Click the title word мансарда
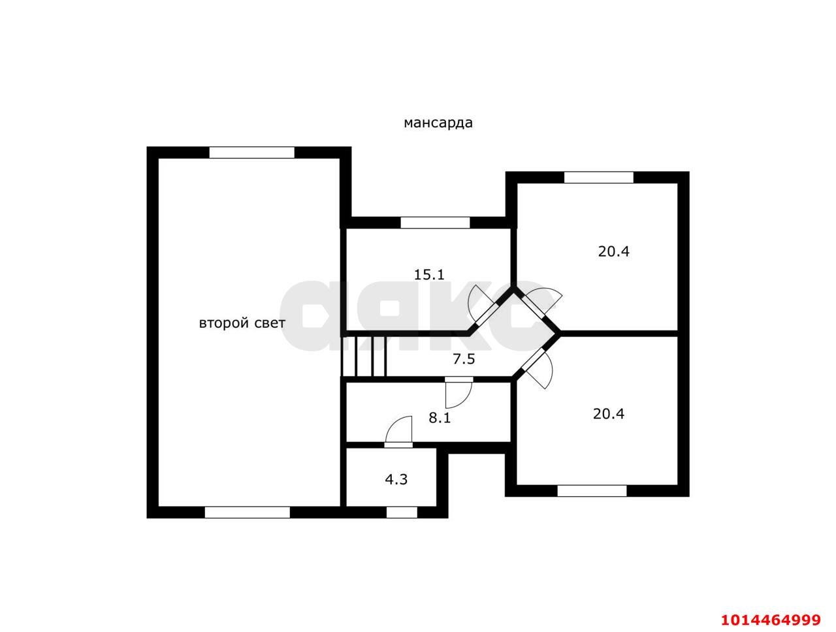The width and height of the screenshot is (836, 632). tap(438, 123)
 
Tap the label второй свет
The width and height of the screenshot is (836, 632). tap(242, 323)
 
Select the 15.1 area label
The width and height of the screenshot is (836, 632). tap(429, 274)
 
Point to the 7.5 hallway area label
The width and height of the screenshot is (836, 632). tap(464, 358)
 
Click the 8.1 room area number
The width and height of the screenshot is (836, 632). tap(440, 418)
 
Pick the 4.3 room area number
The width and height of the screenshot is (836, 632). tap(396, 480)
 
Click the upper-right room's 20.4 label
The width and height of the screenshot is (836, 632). tap(613, 251)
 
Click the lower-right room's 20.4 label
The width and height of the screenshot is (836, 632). tap(609, 414)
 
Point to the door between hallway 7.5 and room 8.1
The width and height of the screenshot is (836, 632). tap(459, 393)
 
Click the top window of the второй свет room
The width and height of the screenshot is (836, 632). tap(251, 152)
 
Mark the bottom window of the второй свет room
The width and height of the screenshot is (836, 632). tap(248, 512)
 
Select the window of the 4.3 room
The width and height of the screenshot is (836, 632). tap(402, 512)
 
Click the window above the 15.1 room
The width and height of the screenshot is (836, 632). tap(435, 223)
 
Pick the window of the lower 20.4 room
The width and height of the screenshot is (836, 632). tap(592, 491)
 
